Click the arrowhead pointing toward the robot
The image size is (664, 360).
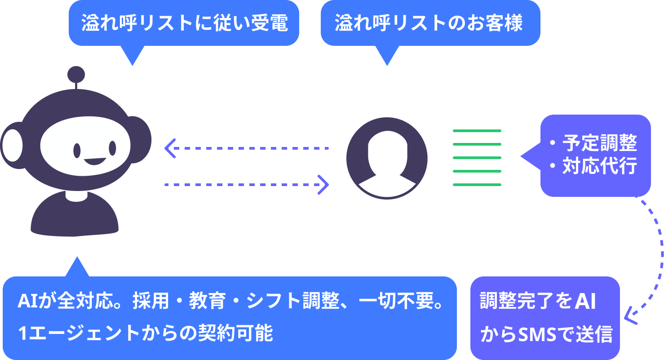coord(169,148)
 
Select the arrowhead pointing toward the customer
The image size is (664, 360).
coord(323,184)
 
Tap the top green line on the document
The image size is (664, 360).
coord(477,131)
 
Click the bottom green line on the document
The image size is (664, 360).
coord(477,185)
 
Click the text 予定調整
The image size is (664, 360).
coord(599,143)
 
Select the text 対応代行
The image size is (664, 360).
coord(599,166)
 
